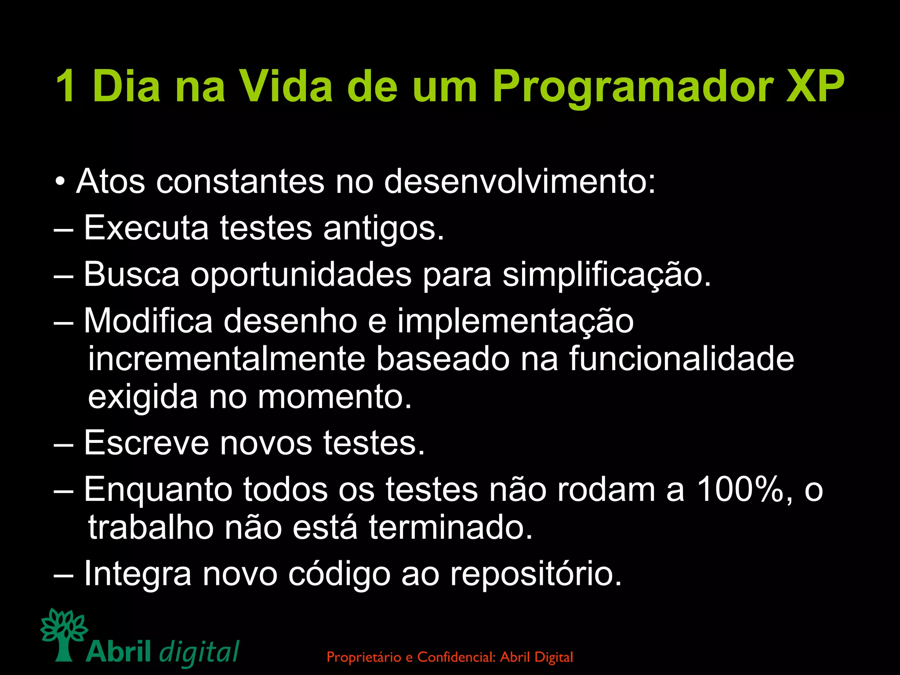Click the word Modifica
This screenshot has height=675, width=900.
click(148, 321)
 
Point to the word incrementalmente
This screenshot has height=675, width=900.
click(226, 359)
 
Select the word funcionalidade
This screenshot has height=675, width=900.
click(682, 359)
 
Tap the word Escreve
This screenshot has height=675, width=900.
click(146, 443)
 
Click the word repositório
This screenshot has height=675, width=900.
click(536, 573)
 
